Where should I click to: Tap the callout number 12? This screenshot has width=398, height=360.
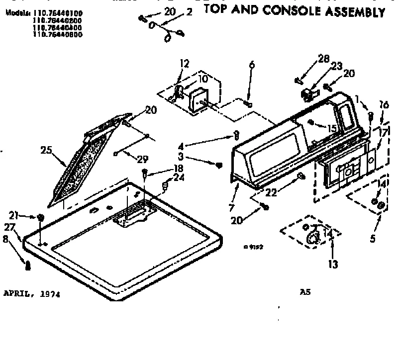[x=185, y=63]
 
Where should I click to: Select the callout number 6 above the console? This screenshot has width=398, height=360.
[x=252, y=65]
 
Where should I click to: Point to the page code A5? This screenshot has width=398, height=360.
[x=305, y=292]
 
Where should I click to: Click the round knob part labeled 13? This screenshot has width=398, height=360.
[x=313, y=238]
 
